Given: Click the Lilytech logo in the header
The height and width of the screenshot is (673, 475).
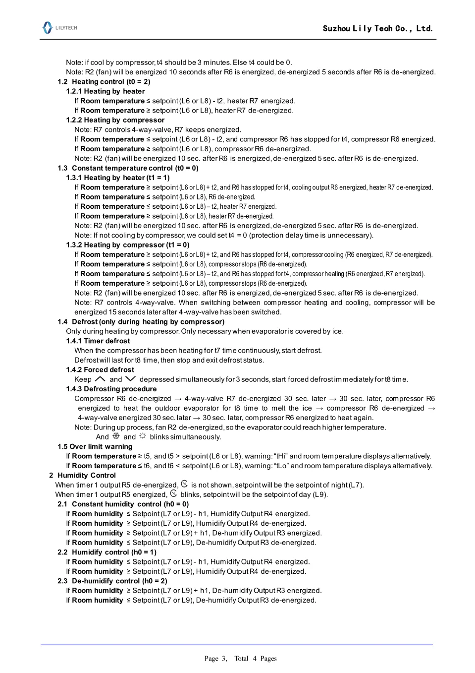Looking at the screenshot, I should click(x=59, y=28).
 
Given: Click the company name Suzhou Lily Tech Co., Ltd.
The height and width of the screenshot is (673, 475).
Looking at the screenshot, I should click(x=377, y=29).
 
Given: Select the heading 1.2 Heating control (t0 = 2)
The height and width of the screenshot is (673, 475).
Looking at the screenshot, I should click(x=104, y=82).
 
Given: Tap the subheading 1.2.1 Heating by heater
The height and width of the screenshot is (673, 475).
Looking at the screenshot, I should click(x=106, y=91).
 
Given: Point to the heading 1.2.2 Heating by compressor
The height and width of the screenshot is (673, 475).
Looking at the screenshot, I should click(x=115, y=120).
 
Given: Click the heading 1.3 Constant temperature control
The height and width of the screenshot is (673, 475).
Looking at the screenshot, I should click(x=128, y=168).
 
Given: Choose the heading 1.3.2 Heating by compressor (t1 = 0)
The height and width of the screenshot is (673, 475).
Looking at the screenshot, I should click(x=128, y=245).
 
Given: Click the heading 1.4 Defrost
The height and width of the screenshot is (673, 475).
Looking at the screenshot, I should click(x=141, y=322).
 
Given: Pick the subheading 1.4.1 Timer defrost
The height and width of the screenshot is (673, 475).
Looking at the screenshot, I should click(x=98, y=341).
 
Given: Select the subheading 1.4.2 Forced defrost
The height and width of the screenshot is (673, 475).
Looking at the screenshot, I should click(x=100, y=370).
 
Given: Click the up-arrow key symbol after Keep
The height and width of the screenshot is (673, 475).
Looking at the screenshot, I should click(x=100, y=379).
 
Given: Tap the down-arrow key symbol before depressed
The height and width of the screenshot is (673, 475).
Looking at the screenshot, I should click(x=131, y=379).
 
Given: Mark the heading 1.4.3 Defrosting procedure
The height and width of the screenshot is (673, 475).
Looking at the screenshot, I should click(x=111, y=389).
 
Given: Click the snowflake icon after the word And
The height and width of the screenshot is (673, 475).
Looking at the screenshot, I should click(x=116, y=436).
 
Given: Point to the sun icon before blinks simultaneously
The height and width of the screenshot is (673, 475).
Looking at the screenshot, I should click(x=143, y=436).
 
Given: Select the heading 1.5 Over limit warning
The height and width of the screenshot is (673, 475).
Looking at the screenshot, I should click(x=95, y=447).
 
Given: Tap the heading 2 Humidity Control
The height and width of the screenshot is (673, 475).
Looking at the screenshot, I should click(x=82, y=476).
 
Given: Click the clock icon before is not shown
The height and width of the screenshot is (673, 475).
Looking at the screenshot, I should click(x=184, y=484).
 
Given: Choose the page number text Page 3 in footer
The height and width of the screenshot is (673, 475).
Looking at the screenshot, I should click(x=215, y=659).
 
